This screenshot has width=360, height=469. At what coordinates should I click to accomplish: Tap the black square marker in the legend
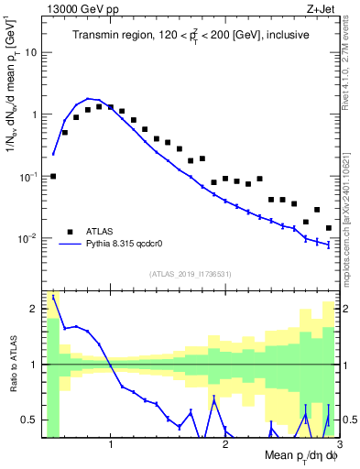point(69,232)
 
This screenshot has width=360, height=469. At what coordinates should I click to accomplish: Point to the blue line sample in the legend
point(69,245)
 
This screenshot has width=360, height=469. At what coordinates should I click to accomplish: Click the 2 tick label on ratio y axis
point(35,309)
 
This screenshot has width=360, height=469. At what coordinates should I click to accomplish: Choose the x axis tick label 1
point(111,446)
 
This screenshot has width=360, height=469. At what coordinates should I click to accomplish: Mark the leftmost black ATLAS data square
point(53,176)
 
